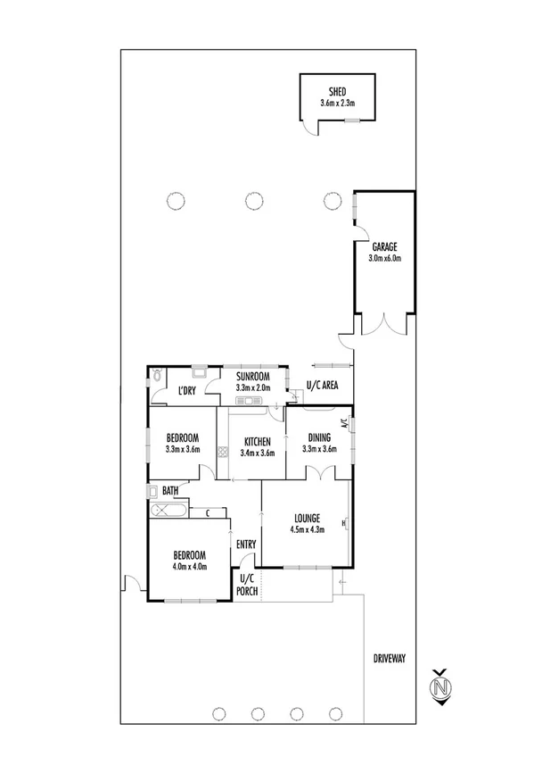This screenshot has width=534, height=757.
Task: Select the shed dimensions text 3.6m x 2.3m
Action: [338, 104]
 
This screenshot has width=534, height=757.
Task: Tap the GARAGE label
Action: [384, 247]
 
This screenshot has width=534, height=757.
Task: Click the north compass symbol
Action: [439, 686]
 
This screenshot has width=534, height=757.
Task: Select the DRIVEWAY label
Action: [390, 659]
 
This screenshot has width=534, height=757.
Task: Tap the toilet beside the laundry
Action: [158, 377]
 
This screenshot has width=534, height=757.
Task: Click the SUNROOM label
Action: [254, 378]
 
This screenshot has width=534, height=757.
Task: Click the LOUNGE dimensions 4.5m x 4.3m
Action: [307, 528]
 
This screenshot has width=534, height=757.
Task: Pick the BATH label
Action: [169, 490]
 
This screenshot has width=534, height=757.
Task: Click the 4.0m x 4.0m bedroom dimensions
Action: [189, 566]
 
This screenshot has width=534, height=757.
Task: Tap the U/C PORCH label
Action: [246, 586]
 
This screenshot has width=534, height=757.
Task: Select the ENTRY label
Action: [245, 544]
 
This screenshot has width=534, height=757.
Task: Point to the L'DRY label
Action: [186, 391]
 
